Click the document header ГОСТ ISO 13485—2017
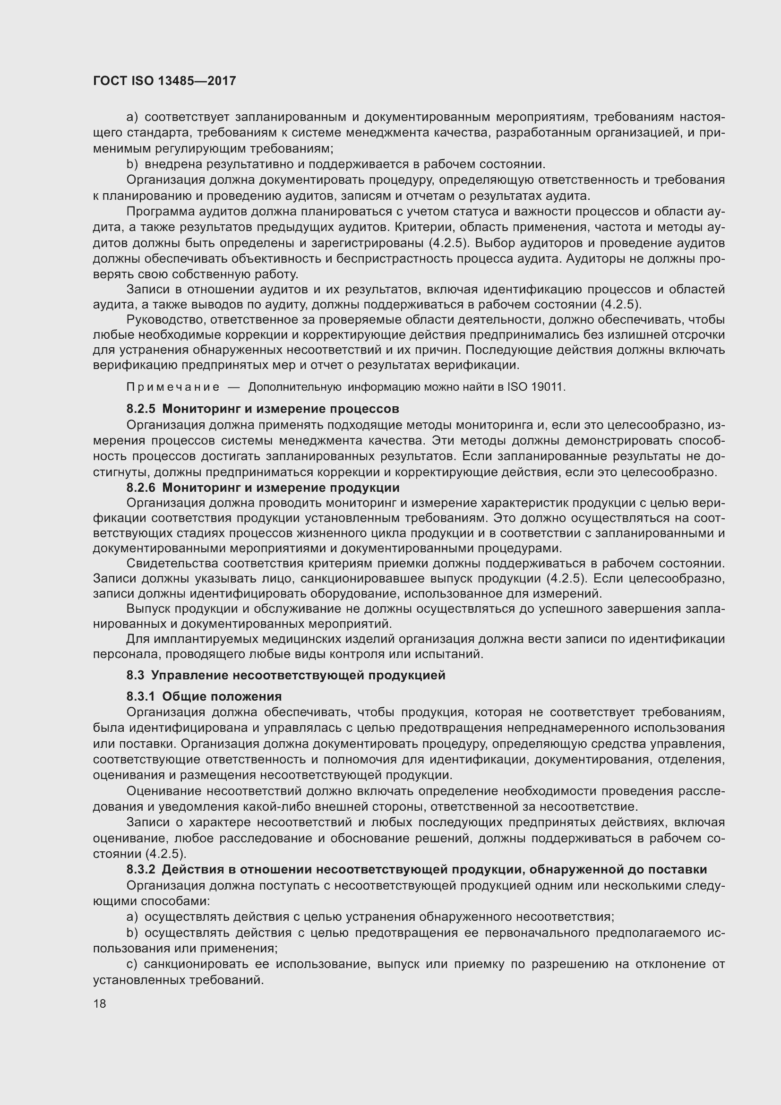click(x=164, y=81)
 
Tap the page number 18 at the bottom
click(x=100, y=1003)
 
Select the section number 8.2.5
click(x=140, y=409)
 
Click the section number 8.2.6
click(x=140, y=488)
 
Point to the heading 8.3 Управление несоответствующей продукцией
click(x=286, y=675)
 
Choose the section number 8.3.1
click(x=140, y=696)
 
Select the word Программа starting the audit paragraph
click(x=158, y=212)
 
